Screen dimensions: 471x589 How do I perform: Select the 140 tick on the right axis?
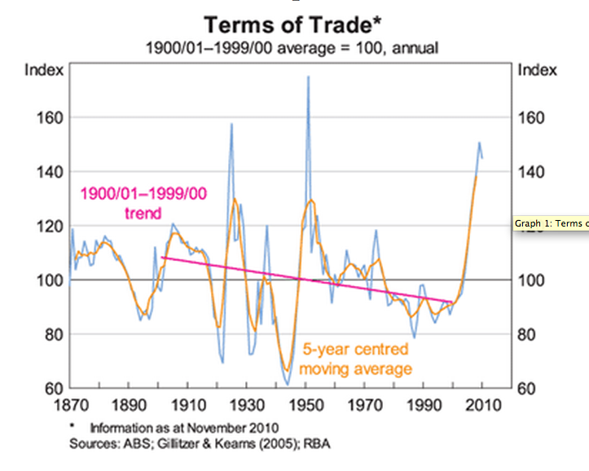click(x=533, y=172)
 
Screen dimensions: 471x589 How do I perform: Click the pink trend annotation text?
click(x=142, y=204)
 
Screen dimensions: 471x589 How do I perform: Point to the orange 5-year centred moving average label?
click(x=355, y=359)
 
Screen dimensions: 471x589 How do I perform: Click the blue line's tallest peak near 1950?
click(x=308, y=77)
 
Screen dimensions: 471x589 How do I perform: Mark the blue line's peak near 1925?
click(x=232, y=124)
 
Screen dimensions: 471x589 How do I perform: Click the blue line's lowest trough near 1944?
click(x=288, y=385)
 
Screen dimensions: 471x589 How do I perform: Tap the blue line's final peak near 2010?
click(x=479, y=143)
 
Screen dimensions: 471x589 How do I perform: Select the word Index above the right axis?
click(x=538, y=70)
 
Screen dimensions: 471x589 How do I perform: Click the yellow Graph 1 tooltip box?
click(x=551, y=223)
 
